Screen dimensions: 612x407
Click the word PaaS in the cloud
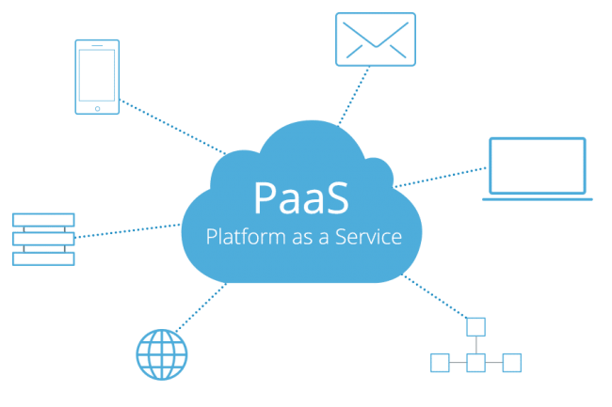pyautogui.click(x=301, y=197)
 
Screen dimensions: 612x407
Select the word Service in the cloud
pyautogui.click(x=368, y=237)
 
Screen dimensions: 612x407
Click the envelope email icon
pyautogui.click(x=376, y=39)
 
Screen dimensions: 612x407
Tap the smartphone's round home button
pyautogui.click(x=97, y=109)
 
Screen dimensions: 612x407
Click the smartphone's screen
pyautogui.click(x=97, y=75)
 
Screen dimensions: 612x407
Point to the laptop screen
pyautogui.click(x=538, y=165)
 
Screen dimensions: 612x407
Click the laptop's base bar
pyautogui.click(x=538, y=199)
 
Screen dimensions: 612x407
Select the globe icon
pyautogui.click(x=162, y=354)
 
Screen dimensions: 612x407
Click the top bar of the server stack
pyautogui.click(x=43, y=220)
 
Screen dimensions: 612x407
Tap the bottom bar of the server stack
pyautogui.click(x=43, y=258)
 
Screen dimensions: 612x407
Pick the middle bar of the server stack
pyautogui.click(x=43, y=239)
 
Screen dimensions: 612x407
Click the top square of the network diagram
pyautogui.click(x=475, y=327)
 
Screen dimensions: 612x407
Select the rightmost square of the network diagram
pyautogui.click(x=511, y=363)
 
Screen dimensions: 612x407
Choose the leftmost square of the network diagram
pyautogui.click(x=440, y=363)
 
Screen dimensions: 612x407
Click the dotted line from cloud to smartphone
pyautogui.click(x=172, y=127)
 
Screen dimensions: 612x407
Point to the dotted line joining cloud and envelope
pyautogui.click(x=354, y=96)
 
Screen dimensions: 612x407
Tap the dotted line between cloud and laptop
pyautogui.click(x=440, y=178)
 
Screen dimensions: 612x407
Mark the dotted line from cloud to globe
pyautogui.click(x=201, y=307)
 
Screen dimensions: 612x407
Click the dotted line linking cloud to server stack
pyautogui.click(x=127, y=230)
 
